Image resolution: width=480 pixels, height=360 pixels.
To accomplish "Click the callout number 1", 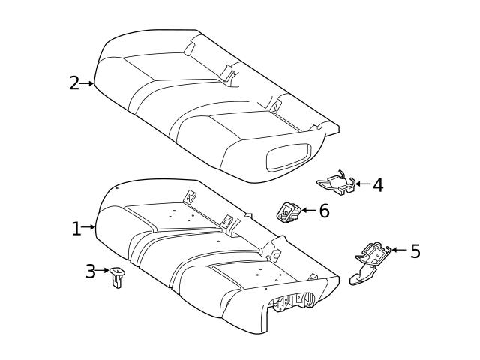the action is pos(76,229).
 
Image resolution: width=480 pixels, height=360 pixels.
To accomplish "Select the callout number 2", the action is pos(74,83).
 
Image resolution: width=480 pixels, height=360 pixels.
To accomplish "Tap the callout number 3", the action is pos(90,271).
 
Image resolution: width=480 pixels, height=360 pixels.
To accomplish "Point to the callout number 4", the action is pos(378,185).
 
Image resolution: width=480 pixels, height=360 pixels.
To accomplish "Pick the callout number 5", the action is pos(415,251).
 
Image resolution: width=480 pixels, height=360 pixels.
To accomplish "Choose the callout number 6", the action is pos(325,211).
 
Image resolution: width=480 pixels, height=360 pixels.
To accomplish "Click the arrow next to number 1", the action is pos(88,227).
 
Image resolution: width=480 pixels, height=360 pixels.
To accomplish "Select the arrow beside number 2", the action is pos(87,83).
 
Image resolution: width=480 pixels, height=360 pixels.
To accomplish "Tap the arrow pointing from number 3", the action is pos(102,270).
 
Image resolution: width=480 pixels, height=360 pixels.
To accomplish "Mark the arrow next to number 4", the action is pos(363,184).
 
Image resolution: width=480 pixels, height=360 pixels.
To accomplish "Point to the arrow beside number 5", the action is pos(399,250).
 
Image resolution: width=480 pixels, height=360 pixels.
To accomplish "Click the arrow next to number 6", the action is pos(309,210).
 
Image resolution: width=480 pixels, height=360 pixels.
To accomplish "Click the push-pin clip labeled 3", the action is pos(117,277).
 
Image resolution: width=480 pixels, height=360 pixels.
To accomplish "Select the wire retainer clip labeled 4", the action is pos(337,183).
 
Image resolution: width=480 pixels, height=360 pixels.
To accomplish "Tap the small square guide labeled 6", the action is pos(289,212).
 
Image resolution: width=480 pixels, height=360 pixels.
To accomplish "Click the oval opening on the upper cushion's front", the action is pos(289,157).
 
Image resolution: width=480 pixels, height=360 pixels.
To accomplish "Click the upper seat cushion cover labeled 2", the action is pos(214,104).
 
